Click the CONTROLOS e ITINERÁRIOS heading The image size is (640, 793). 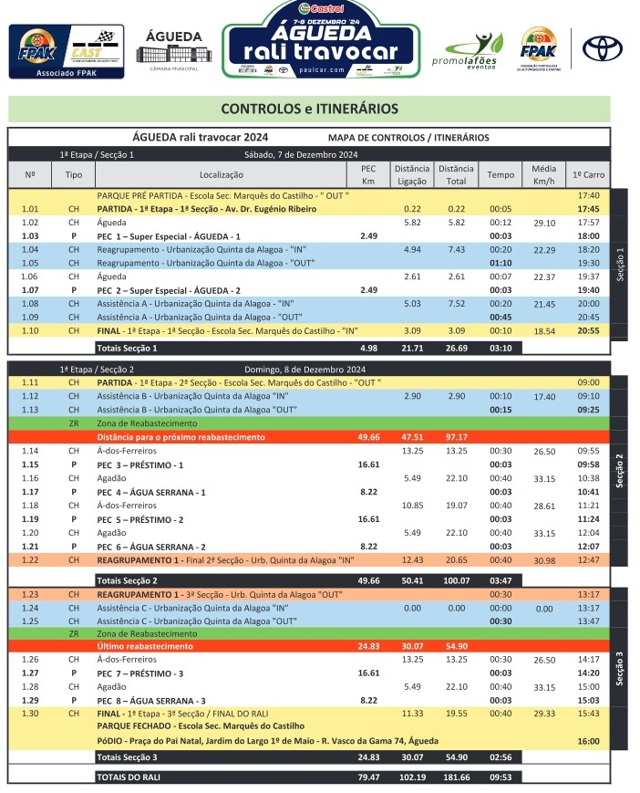pyautogui.click(x=309, y=109)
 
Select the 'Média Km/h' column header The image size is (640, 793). pyautogui.click(x=544, y=174)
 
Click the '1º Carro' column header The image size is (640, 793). pyautogui.click(x=588, y=174)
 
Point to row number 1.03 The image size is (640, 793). pyautogui.click(x=30, y=235)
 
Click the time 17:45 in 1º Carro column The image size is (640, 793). pyautogui.click(x=588, y=208)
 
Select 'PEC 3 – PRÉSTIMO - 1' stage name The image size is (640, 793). pyautogui.click(x=140, y=464)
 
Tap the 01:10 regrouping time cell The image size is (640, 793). pyautogui.click(x=501, y=263)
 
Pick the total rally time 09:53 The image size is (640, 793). pyautogui.click(x=501, y=777)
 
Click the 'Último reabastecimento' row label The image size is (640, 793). pyautogui.click(x=146, y=646)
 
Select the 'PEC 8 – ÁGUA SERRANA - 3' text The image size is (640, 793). pyautogui.click(x=151, y=700)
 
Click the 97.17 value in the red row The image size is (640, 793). pyautogui.click(x=456, y=437)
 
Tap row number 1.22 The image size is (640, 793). pyautogui.click(x=30, y=559)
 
